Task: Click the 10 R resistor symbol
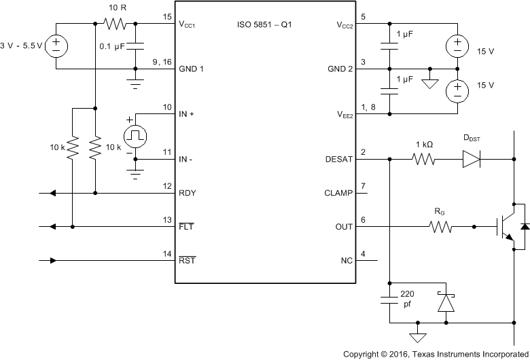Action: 114,24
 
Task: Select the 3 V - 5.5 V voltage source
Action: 56,46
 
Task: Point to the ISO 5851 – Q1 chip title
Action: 265,24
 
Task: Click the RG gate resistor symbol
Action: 440,227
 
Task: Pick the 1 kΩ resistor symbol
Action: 423,160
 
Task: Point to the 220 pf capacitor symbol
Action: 389,300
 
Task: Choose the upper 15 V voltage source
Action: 457,46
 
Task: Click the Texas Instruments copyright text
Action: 436,354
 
